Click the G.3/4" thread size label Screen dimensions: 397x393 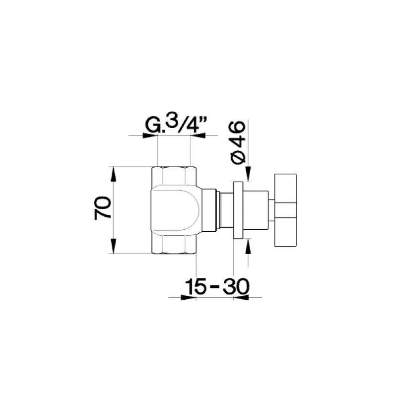(173, 126)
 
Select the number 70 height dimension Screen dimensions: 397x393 (102, 208)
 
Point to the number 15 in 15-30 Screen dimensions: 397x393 (196, 286)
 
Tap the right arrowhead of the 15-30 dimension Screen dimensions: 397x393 (241, 298)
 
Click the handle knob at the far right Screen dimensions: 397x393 (285, 209)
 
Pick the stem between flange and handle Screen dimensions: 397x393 (258, 210)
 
